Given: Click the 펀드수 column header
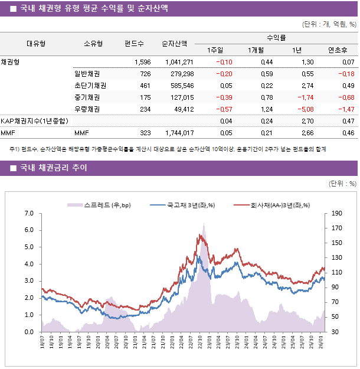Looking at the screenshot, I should [x=134, y=43].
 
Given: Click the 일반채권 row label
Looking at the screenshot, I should [x=87, y=74].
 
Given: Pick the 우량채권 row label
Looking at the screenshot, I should [x=87, y=109].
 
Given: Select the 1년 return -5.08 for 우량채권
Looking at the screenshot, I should [x=305, y=109].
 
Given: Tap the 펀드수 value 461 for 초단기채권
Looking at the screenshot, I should [x=145, y=86].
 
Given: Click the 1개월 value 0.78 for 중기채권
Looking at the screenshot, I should [x=266, y=97].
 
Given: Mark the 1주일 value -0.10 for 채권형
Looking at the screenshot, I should [x=224, y=62].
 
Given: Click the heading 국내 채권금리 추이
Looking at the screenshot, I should [x=54, y=168].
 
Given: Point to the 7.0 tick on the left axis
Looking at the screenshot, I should [x=29, y=213].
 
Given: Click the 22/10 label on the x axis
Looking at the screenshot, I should [x=200, y=342].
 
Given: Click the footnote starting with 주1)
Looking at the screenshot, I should [x=168, y=149].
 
